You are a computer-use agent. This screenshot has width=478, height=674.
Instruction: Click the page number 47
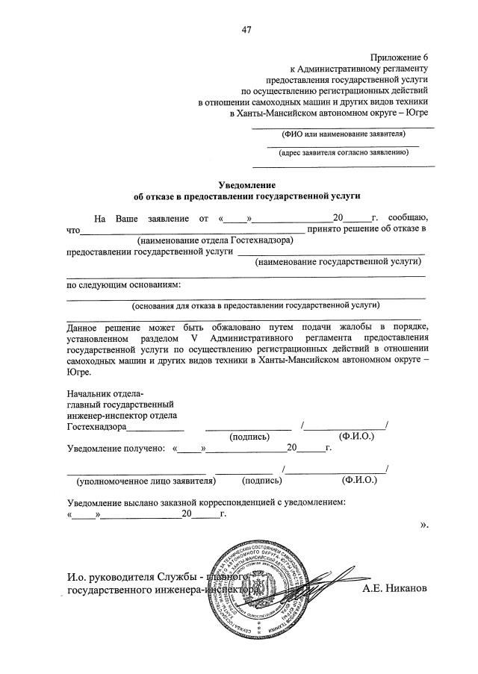246,30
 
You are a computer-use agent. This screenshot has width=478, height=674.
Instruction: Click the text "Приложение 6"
401,57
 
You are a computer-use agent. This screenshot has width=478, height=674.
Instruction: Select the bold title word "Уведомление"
247,184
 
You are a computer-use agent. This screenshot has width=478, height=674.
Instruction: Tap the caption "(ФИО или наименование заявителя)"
344,134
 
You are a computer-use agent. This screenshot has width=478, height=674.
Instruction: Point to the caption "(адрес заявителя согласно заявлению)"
344,153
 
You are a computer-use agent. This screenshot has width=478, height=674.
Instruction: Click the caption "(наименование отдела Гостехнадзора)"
215,240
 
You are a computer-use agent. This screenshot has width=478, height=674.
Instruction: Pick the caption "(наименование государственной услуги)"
338,262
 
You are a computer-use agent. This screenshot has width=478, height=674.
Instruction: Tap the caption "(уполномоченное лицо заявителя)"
141,481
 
